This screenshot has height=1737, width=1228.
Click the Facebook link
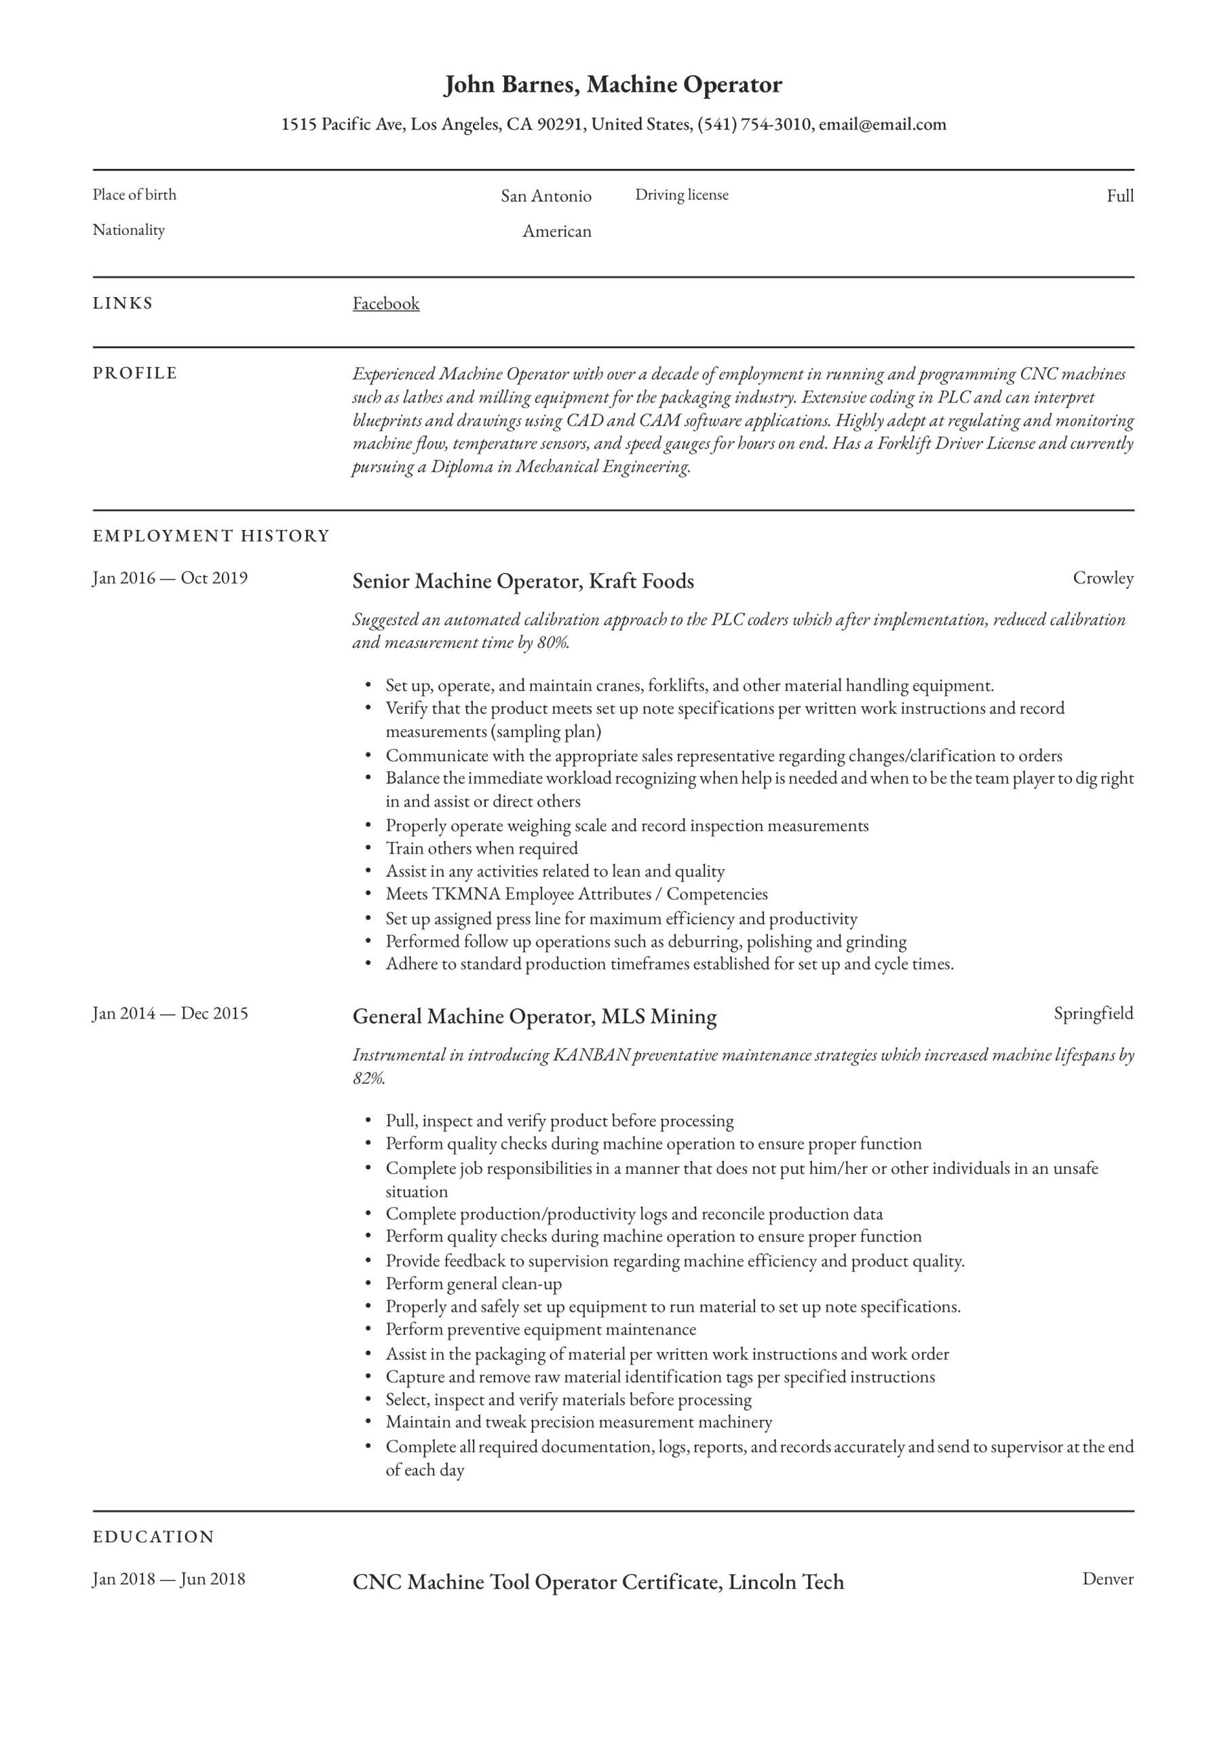[385, 303]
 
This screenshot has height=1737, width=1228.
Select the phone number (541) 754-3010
[754, 124]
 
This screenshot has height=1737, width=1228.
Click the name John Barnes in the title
[512, 84]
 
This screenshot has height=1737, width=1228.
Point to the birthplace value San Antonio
[545, 196]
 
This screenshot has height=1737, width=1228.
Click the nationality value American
[556, 231]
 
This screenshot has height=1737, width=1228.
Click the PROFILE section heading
[135, 373]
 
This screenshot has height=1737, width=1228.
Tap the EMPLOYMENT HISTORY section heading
[211, 535]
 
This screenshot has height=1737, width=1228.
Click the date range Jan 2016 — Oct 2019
[170, 578]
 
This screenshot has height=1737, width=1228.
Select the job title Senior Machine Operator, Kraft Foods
[523, 581]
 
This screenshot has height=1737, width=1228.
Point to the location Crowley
[1102, 578]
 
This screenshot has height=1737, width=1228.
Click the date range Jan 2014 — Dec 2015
[170, 1013]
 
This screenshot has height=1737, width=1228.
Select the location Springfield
[1092, 1013]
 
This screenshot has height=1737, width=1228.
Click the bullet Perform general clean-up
[474, 1283]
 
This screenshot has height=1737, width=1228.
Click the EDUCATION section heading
[153, 1538]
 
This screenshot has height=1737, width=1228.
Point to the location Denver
[1107, 1579]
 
